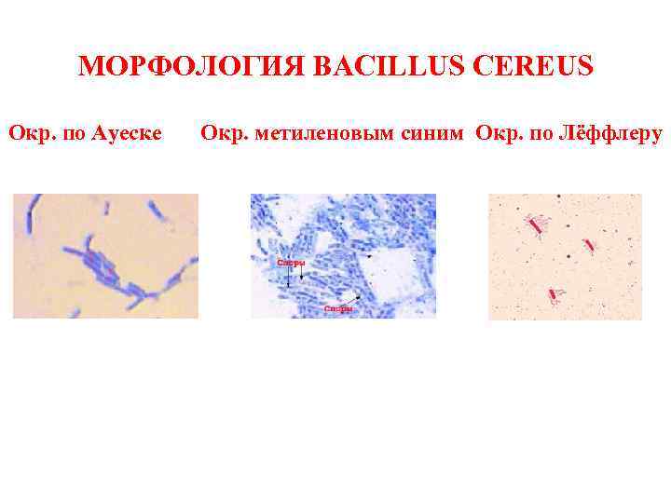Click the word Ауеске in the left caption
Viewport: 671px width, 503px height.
tap(127, 134)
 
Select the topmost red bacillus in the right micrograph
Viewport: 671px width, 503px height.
tap(536, 224)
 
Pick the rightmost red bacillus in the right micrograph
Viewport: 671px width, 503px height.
tap(589, 245)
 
